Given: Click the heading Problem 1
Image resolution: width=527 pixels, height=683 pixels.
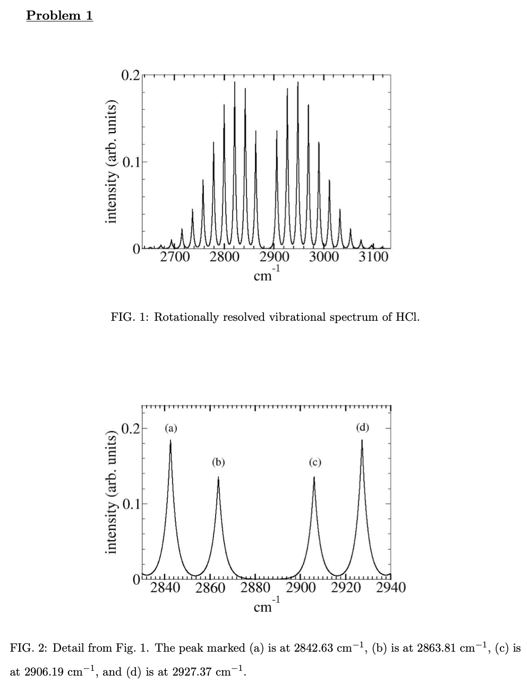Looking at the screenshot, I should [x=59, y=15].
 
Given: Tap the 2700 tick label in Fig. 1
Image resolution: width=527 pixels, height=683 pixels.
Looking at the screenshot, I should [x=175, y=258].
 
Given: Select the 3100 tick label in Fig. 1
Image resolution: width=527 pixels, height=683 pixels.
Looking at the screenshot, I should [x=374, y=258].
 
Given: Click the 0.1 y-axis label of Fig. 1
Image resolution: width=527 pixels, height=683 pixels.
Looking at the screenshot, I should [x=131, y=162].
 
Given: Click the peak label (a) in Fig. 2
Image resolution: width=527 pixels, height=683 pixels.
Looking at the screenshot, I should [x=171, y=428].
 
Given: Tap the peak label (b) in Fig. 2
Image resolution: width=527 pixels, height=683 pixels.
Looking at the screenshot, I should [x=218, y=462].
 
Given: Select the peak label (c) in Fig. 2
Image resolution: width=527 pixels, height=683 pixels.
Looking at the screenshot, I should [x=314, y=462].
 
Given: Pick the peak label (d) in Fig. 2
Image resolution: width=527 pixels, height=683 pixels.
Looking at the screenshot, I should [x=362, y=428].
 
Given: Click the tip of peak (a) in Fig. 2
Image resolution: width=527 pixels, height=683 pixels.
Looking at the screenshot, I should [x=171, y=440].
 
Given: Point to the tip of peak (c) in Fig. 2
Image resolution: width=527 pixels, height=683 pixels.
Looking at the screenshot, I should [x=314, y=477].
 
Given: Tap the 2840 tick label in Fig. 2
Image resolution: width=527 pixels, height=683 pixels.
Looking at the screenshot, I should [x=165, y=588].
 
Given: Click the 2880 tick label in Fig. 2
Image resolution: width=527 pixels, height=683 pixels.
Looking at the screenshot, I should [x=256, y=588].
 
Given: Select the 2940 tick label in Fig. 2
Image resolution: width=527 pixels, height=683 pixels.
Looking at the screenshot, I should [x=390, y=588].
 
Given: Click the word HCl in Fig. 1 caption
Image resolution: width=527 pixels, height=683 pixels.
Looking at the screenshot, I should [x=407, y=318].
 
